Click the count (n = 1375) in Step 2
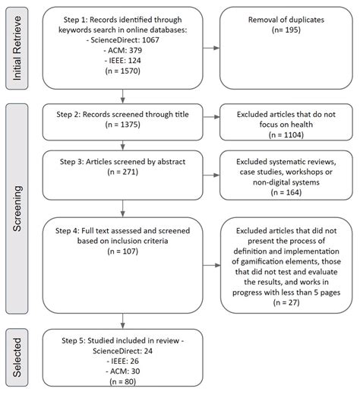[x=124, y=125]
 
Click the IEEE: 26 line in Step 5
[x=124, y=359]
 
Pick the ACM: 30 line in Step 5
[x=124, y=370]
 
